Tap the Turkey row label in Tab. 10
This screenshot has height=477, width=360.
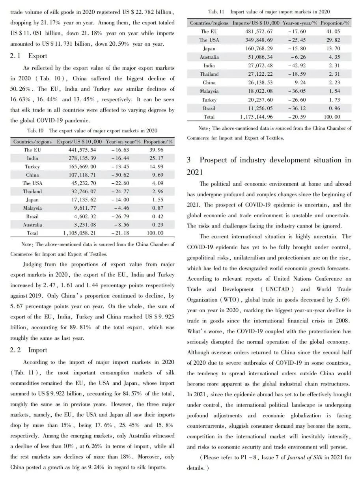pos(32,166)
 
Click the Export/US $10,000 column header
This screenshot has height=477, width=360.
pos(79,142)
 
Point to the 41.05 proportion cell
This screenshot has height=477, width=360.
pos(335,32)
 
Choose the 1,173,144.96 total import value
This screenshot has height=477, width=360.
pos(256,117)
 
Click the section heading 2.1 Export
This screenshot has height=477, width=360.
pos(28,56)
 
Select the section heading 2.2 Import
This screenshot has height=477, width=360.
pos(28,350)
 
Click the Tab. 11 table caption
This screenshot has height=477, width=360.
pos(269,12)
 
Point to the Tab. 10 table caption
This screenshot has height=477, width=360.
pos(92,130)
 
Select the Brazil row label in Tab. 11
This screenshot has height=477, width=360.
pos(209,108)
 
